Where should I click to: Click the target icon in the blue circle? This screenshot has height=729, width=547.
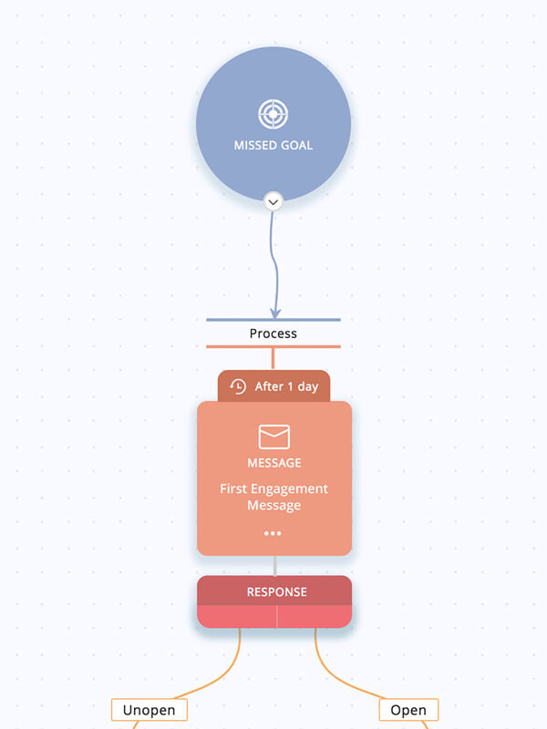pyautogui.click(x=273, y=114)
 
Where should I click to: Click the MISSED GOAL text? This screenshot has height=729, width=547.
pyautogui.click(x=273, y=146)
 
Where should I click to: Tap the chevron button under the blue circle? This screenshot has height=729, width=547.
pyautogui.click(x=273, y=202)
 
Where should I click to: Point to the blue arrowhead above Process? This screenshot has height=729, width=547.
pyautogui.click(x=275, y=313)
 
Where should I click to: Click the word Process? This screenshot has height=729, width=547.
pyautogui.click(x=273, y=334)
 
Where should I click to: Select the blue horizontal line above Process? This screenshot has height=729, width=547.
pyautogui.click(x=273, y=320)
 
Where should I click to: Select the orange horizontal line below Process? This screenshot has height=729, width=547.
pyautogui.click(x=273, y=346)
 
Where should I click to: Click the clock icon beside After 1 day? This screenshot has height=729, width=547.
pyautogui.click(x=238, y=386)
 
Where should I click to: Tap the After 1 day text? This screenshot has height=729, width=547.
pyautogui.click(x=286, y=386)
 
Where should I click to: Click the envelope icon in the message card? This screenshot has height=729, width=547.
pyautogui.click(x=274, y=436)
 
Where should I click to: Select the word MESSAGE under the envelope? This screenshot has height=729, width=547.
pyautogui.click(x=274, y=463)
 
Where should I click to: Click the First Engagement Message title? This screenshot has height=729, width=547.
pyautogui.click(x=274, y=497)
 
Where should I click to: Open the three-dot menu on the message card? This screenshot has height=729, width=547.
pyautogui.click(x=273, y=533)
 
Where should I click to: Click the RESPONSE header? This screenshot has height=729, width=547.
pyautogui.click(x=274, y=590)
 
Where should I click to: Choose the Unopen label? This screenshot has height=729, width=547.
pyautogui.click(x=150, y=710)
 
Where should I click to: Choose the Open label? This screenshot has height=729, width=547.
pyautogui.click(x=408, y=710)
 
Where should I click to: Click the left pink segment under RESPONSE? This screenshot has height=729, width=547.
pyautogui.click(x=237, y=617)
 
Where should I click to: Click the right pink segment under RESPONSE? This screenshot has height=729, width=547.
pyautogui.click(x=315, y=617)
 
